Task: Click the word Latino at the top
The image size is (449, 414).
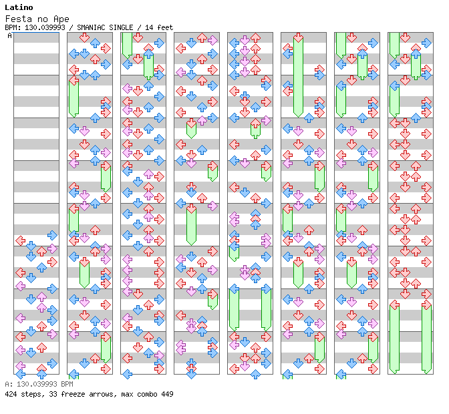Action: click(19, 7)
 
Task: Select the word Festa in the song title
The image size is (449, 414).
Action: click(17, 19)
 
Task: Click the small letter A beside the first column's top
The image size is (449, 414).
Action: click(10, 35)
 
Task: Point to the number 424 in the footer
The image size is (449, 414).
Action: click(11, 394)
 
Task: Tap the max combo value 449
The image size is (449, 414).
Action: click(166, 394)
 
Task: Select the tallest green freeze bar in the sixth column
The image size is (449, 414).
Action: click(298, 77)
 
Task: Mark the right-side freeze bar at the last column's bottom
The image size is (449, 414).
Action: click(426, 337)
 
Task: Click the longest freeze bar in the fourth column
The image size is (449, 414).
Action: click(191, 224)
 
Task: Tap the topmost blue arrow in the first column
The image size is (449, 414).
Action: click(52, 235)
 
